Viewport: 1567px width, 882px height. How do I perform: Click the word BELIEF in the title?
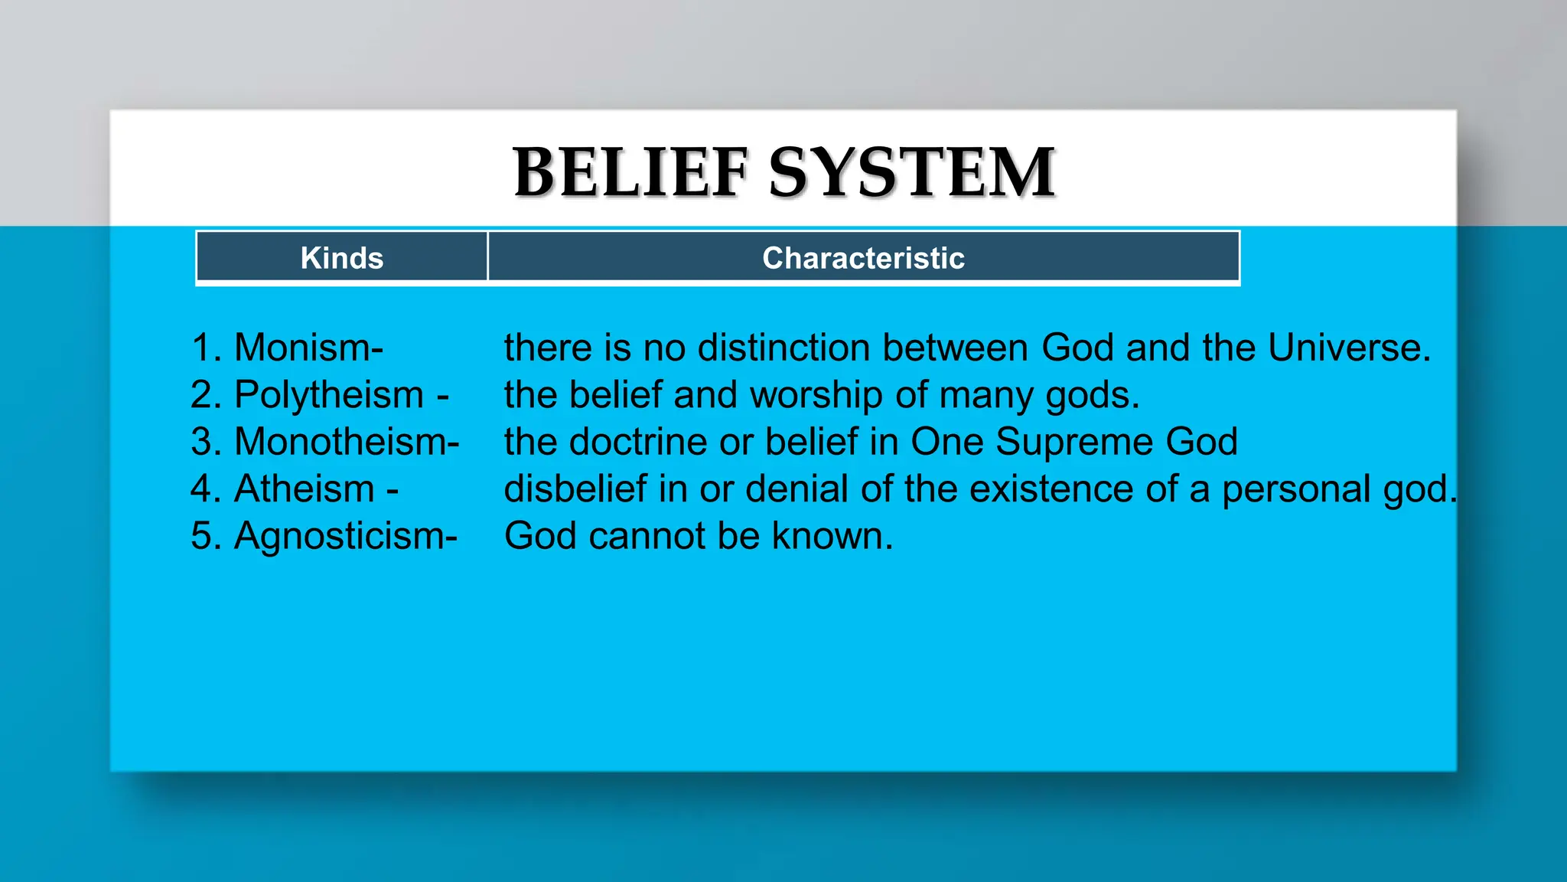click(630, 173)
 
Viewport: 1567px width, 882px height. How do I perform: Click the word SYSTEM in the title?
click(912, 173)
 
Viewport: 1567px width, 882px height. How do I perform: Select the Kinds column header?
click(342, 258)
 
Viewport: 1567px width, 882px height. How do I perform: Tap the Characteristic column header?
click(863, 258)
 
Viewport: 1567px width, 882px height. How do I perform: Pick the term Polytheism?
click(329, 395)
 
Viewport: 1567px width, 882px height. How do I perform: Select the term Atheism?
click(305, 488)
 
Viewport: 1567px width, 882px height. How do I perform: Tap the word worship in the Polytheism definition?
click(816, 395)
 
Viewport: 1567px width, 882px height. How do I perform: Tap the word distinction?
click(783, 348)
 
